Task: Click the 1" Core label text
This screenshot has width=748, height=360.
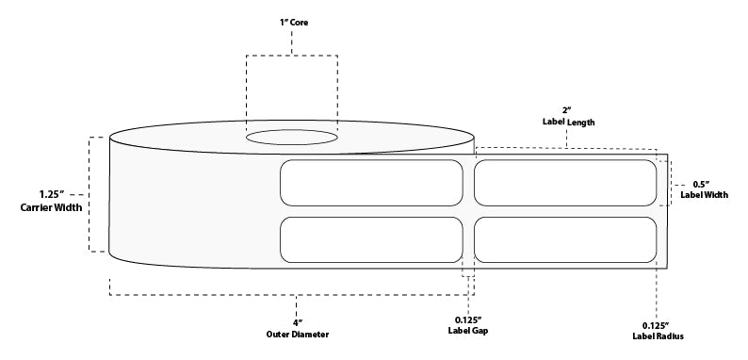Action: pyautogui.click(x=292, y=21)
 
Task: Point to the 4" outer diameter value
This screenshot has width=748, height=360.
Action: pyautogui.click(x=296, y=322)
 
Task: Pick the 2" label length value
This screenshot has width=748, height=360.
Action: pyautogui.click(x=567, y=108)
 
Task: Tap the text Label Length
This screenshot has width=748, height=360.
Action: pyautogui.click(x=567, y=123)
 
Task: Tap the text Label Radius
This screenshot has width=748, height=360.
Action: pyautogui.click(x=658, y=336)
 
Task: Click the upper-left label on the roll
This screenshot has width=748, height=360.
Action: pyautogui.click(x=370, y=183)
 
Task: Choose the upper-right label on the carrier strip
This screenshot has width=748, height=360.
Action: pyautogui.click(x=566, y=183)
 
